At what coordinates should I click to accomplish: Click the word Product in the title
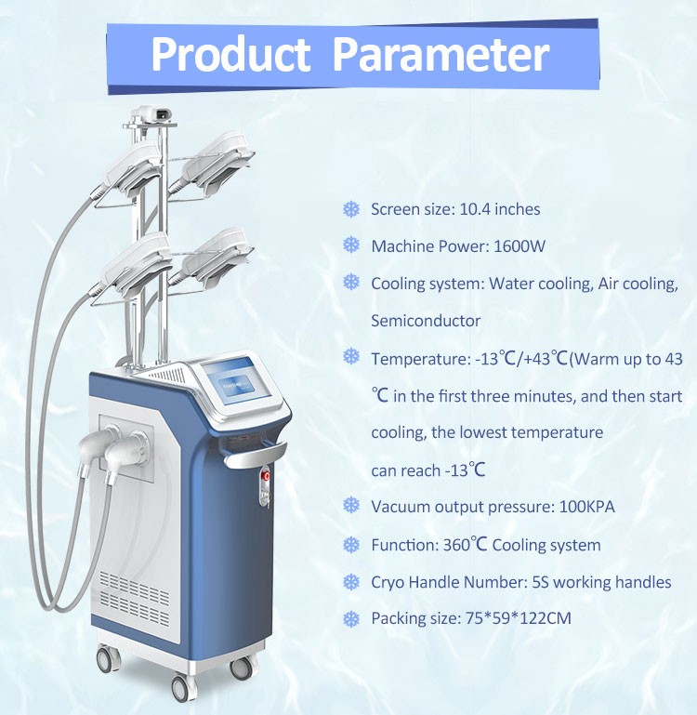pos(230,54)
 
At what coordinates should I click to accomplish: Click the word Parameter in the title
pos(441,54)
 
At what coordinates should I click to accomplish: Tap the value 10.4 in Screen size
pos(475,209)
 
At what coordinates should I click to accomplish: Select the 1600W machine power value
pos(519,246)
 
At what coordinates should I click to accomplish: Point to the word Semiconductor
pos(426,321)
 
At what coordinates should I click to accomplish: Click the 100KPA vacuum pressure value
pos(586,507)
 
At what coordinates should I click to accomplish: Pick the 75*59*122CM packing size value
pos(519,618)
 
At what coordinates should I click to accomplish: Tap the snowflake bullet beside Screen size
pos(351,209)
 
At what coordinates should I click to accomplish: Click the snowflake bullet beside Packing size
pos(351,619)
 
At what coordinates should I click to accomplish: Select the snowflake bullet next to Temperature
pos(351,356)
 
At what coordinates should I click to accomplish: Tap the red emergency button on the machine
pos(266,477)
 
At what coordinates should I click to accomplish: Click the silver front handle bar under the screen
pos(256,455)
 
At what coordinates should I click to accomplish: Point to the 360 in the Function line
pos(456,545)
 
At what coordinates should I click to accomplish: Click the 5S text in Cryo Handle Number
pos(540,582)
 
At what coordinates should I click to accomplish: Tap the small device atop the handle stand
pos(151,114)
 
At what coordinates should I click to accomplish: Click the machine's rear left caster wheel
pos(109,659)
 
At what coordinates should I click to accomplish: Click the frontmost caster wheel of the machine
pos(182,688)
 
